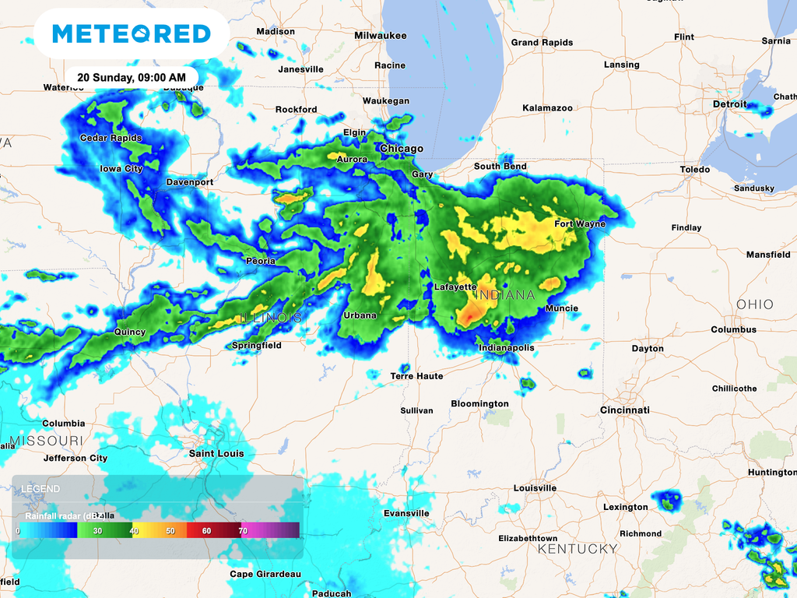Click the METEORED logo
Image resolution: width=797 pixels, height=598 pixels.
point(132,33)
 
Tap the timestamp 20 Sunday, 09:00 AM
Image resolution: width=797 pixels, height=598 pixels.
point(131,78)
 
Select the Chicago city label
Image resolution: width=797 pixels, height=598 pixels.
point(402,149)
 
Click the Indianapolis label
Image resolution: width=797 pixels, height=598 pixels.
point(506,348)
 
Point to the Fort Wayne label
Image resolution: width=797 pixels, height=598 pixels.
point(579,224)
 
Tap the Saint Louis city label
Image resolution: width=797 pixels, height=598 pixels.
point(216,453)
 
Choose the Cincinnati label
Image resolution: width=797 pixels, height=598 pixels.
point(624,410)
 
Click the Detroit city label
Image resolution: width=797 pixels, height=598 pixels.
point(729,104)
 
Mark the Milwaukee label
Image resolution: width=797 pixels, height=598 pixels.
point(380,36)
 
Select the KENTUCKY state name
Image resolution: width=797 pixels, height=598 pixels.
point(578,549)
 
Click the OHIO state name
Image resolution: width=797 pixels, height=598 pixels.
point(755,304)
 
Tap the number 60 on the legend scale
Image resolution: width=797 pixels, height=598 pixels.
point(206,530)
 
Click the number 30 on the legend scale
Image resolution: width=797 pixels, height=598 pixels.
point(97,530)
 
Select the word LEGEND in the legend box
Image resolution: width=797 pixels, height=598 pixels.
point(40,489)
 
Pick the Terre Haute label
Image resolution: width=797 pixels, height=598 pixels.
point(416,376)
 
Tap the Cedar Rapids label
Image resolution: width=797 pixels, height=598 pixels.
point(111,139)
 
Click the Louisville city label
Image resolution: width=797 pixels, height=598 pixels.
point(535,488)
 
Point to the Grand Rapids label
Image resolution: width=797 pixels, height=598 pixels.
point(542,43)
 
